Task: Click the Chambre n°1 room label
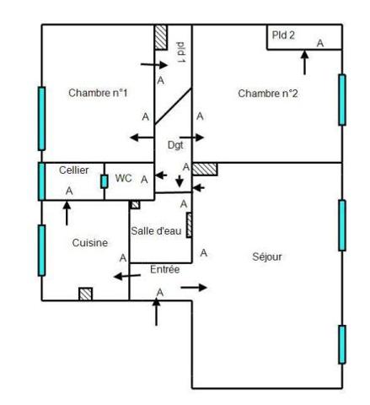[x=98, y=93]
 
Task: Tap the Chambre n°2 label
[x=267, y=94]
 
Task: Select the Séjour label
[x=267, y=256]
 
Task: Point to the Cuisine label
[x=90, y=243]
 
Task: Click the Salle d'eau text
[x=156, y=231]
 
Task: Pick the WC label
[x=123, y=178]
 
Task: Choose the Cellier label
[x=74, y=170]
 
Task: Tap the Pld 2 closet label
[x=283, y=35]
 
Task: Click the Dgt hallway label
[x=175, y=145]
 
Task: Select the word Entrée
[x=165, y=269]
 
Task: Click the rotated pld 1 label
[x=180, y=52]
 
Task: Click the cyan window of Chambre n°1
[x=41, y=118]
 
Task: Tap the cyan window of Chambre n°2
[x=342, y=100]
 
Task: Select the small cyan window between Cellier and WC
[x=105, y=181]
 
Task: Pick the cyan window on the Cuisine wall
[x=41, y=250]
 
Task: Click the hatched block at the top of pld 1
[x=161, y=37]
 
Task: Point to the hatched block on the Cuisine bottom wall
[x=85, y=294]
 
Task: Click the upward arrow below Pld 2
[x=304, y=62]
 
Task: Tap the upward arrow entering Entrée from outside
[x=156, y=311]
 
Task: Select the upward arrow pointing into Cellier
[x=67, y=213]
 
